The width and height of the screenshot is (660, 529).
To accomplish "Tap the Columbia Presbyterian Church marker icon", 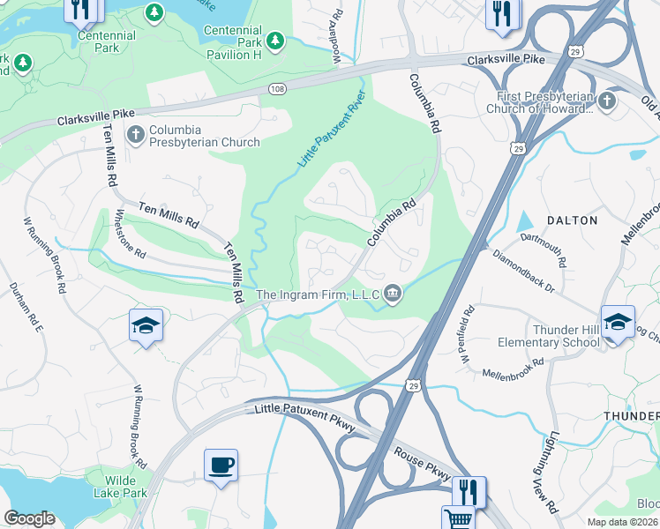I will tap(135, 135).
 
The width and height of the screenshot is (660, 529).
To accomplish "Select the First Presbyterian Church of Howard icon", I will tap(605, 101).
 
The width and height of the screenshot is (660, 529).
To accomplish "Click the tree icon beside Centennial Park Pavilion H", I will tap(275, 41).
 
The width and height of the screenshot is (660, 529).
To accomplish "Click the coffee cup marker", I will tap(221, 464).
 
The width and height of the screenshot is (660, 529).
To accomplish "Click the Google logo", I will tap(29, 518).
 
